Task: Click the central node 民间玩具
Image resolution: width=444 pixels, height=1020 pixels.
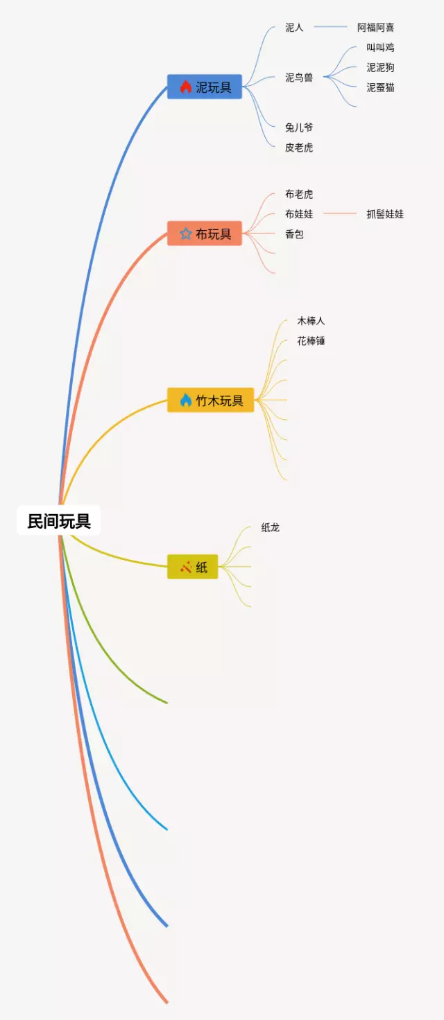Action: click(59, 521)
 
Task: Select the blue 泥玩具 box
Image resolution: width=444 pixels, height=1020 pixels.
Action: click(205, 87)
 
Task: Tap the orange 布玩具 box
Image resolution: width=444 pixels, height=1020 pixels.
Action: click(205, 234)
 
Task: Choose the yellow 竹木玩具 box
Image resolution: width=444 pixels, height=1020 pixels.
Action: click(211, 401)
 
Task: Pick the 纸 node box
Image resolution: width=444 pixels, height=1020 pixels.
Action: click(193, 568)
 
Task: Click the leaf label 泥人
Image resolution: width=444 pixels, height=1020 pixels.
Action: click(294, 28)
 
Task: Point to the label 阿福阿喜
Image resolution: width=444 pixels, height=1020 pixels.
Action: click(375, 28)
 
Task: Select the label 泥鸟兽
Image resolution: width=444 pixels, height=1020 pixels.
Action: click(299, 78)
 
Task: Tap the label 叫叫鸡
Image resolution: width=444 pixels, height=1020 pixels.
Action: click(380, 48)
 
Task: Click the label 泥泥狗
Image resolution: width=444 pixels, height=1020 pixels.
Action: click(380, 68)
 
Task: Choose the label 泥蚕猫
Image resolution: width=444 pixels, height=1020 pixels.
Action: click(380, 88)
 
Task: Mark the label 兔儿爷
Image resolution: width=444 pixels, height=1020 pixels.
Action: click(299, 127)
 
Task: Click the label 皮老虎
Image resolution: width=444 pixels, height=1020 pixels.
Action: click(299, 148)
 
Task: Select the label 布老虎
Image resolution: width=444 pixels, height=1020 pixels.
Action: click(299, 194)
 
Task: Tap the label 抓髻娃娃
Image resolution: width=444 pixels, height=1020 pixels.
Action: click(385, 214)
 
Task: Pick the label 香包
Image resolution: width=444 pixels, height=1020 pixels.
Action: click(294, 234)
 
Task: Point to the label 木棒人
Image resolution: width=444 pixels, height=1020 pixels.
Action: click(311, 321)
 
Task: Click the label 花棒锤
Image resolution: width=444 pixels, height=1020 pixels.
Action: click(311, 341)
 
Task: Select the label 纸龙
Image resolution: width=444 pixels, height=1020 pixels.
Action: click(270, 527)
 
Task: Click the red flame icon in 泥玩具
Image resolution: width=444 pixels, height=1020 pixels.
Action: click(185, 87)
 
